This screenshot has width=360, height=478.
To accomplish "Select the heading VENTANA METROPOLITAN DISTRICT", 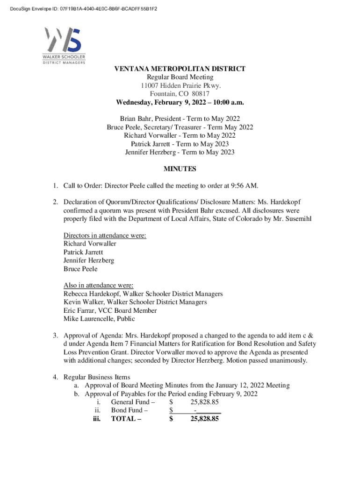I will click(180, 69).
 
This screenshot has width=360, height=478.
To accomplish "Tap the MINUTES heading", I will click(180, 169).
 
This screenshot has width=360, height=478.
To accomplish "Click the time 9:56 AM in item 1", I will click(244, 186).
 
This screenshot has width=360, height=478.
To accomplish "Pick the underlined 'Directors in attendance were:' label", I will click(105, 235).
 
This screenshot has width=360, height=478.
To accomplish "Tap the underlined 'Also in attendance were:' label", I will click(99, 285).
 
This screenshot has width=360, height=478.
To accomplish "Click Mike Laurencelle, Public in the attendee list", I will click(99, 319).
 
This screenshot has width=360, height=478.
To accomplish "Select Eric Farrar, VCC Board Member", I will click(110, 310).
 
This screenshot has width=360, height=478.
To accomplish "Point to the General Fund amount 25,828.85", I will click(205, 402).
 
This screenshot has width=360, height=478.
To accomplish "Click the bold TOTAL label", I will click(126, 419).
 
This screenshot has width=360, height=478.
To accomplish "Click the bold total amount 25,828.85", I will click(205, 419).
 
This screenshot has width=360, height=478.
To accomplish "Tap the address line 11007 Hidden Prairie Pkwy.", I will click(180, 85).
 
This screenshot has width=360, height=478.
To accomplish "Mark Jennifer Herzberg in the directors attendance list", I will click(89, 260).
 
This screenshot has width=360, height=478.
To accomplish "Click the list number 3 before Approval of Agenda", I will click(55, 336).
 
